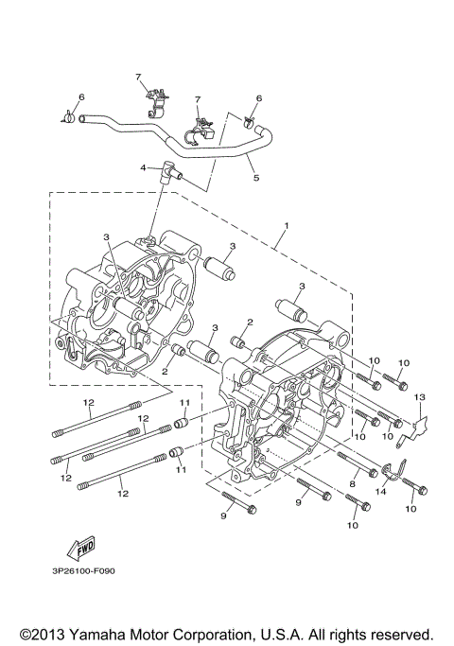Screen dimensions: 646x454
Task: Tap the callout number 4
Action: pyautogui.click(x=144, y=167)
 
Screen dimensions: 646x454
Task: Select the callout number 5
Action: pyautogui.click(x=253, y=176)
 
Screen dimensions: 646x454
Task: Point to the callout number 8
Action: pyautogui.click(x=352, y=483)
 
